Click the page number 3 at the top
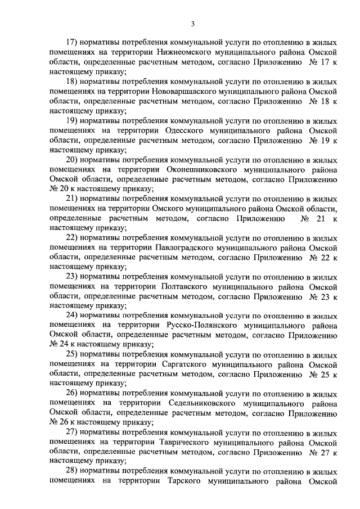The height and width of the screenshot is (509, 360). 192,24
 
